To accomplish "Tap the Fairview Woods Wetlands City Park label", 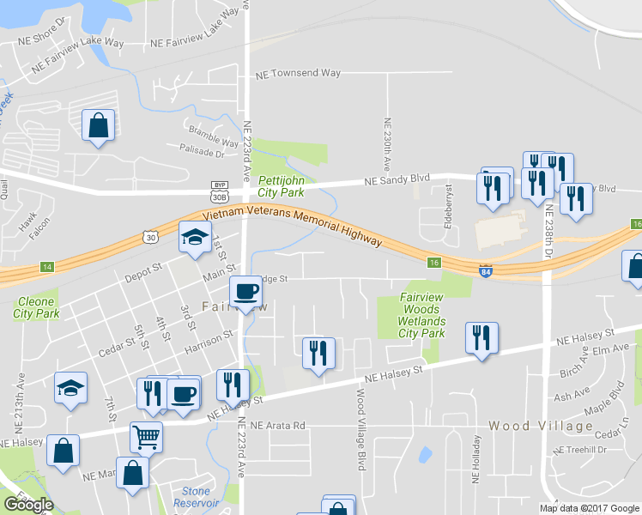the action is point(422,315).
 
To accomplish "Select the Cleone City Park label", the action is point(36,308).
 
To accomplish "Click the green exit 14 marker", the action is point(46,268).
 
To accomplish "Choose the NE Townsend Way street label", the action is point(298,75).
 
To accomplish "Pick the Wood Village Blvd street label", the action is point(361,429).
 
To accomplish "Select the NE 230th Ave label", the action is point(387,142).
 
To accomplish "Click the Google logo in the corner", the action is point(28,505).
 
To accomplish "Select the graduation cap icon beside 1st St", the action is point(195,236).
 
